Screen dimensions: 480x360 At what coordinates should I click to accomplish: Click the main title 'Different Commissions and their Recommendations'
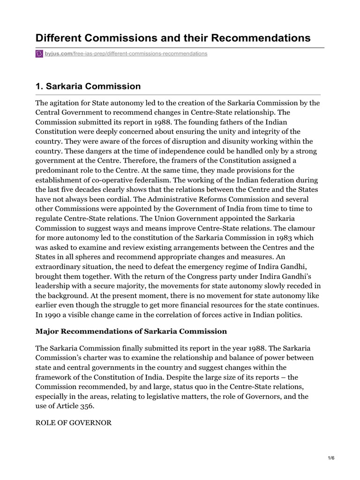[x=173, y=38]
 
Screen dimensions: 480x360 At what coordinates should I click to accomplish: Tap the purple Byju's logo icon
[x=39, y=54]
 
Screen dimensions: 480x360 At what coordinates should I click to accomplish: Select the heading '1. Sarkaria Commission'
[x=88, y=86]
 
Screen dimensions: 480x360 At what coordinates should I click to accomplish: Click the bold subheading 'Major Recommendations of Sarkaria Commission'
[x=131, y=331]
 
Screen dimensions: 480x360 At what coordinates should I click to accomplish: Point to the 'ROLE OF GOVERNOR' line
[x=74, y=423]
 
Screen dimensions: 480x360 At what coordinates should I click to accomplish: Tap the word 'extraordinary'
[x=60, y=266]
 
